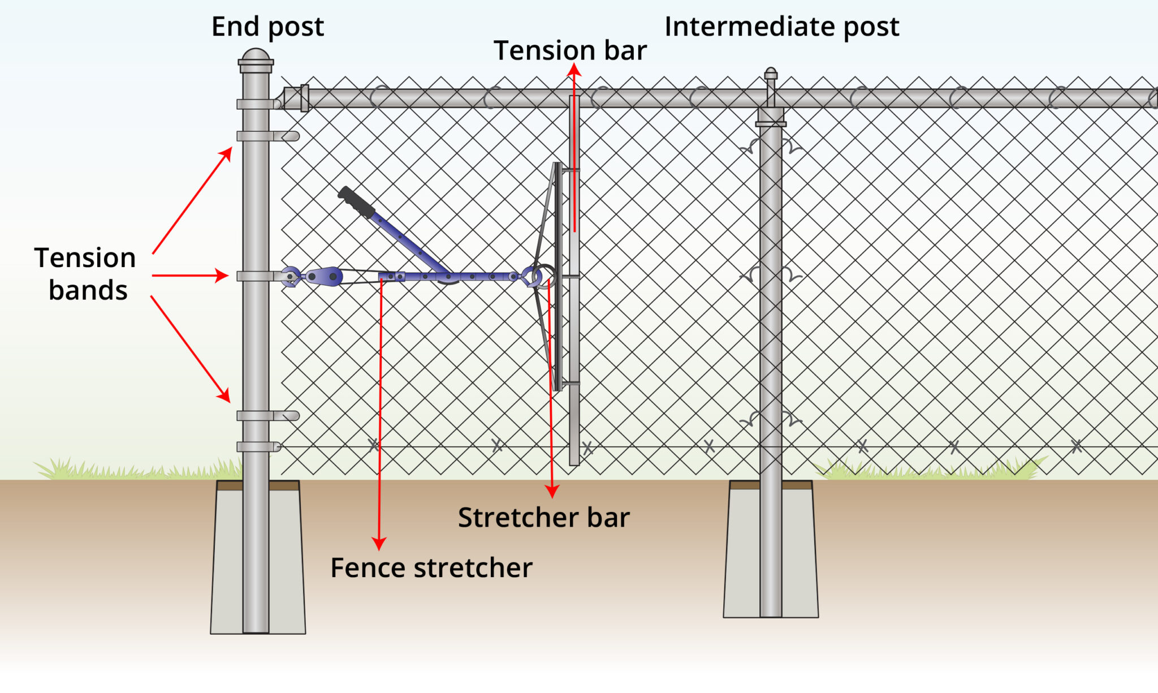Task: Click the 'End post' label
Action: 267,27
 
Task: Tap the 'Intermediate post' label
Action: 781,27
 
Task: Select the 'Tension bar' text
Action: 570,50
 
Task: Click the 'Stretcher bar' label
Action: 543,517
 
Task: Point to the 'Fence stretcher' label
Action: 431,567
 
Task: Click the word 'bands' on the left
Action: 88,290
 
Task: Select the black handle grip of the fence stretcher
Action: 356,202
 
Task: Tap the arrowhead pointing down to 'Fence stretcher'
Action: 379,543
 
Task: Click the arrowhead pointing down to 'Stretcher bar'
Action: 552,491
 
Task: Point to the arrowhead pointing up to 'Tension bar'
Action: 574,69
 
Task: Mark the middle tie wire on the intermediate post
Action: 771,276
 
